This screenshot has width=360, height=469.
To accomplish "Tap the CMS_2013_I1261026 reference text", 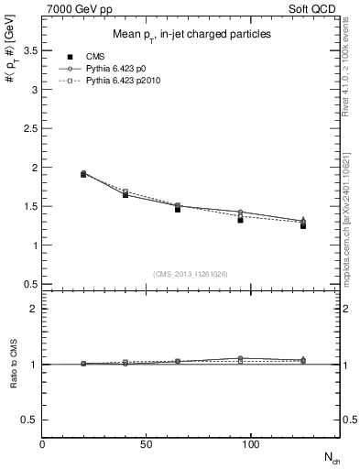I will [x=190, y=274].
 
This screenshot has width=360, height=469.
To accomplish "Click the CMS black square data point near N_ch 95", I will [x=240, y=220].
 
